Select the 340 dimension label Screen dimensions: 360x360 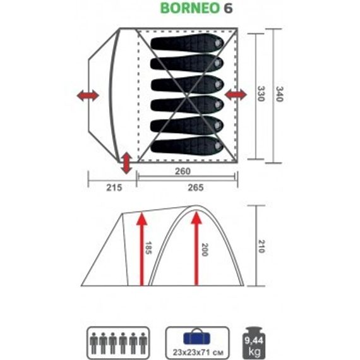pos(273,95)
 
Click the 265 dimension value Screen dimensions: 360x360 pos(187,187)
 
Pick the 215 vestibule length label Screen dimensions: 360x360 pos(103,187)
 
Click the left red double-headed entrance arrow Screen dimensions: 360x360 pos(88,96)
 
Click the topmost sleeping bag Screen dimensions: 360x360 pos(187,44)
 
